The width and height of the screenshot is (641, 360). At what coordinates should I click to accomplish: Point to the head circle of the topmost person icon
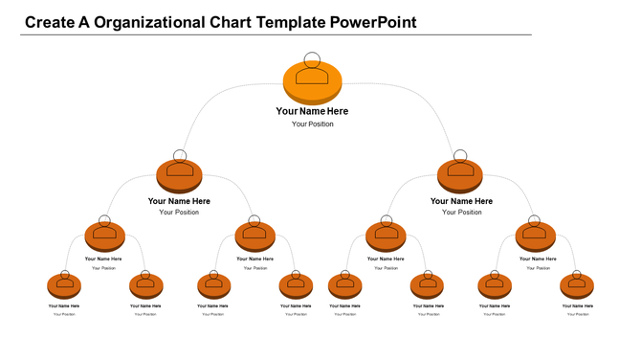tap(313, 59)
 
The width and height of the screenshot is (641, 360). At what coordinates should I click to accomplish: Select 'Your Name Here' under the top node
tap(312, 111)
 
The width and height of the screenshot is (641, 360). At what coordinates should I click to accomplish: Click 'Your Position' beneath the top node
tap(313, 124)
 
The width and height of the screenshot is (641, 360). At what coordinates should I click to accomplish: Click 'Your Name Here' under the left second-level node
tap(179, 201)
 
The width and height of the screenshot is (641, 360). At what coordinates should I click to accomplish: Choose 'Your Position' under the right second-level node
tap(461, 213)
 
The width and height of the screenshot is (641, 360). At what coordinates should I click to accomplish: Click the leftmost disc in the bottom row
tap(64, 286)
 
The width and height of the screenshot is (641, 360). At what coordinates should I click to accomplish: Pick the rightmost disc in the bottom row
tap(576, 286)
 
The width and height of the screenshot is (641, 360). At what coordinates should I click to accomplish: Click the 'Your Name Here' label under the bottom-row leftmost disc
tap(64, 306)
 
